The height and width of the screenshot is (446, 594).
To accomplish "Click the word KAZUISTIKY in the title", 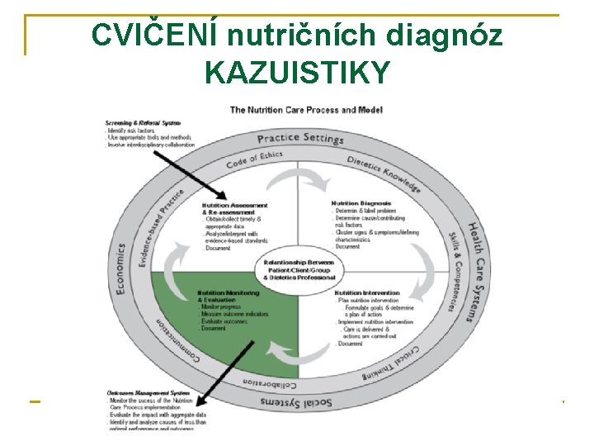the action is (x=296, y=74).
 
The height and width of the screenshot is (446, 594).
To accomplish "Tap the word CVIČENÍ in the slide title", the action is (x=154, y=35).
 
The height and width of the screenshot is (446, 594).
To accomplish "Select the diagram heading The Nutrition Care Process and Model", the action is (x=294, y=110).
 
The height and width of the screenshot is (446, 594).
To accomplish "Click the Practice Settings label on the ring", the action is (x=300, y=139).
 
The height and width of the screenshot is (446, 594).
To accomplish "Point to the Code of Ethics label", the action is (x=254, y=159).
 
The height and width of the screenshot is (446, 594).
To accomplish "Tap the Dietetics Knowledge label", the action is (x=384, y=174).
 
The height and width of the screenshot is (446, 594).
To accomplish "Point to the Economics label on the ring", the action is (x=120, y=268).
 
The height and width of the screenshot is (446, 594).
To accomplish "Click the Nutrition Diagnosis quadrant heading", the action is (x=361, y=203).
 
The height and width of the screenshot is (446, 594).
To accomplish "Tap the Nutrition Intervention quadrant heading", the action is (x=367, y=292).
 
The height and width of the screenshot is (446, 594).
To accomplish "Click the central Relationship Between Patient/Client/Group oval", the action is (x=300, y=269).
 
